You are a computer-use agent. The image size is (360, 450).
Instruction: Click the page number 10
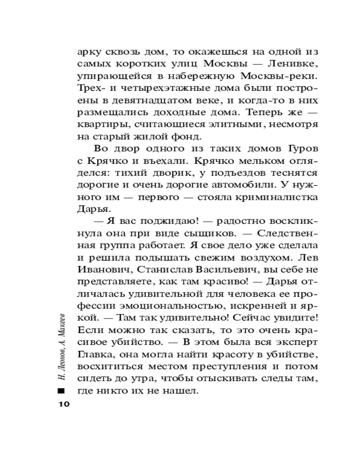pyautogui.click(x=62, y=404)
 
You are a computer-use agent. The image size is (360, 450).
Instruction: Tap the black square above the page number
pyautogui.click(x=62, y=390)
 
